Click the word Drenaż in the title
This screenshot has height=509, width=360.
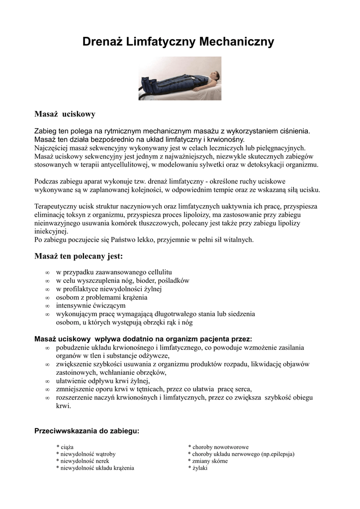click(102, 42)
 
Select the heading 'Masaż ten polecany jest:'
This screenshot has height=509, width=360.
click(78, 256)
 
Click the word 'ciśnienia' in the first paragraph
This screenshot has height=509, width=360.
click(293, 131)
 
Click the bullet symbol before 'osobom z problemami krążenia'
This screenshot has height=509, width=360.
click(47, 298)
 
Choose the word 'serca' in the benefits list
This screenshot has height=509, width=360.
click(241, 389)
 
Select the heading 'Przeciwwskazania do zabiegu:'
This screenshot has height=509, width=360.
click(87, 431)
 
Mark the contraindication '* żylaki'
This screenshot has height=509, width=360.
click(198, 468)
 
